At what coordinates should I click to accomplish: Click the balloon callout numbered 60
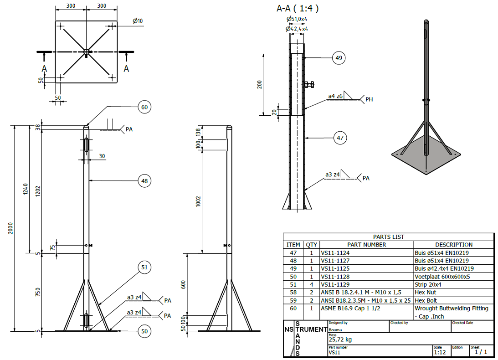coord(144,107)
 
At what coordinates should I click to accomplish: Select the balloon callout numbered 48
coord(144,181)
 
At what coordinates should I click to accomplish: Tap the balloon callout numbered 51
coord(144,267)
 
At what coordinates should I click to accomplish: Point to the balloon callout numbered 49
coord(339,58)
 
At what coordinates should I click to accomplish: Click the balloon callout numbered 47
coord(340,138)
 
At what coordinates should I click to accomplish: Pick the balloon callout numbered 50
coord(144,331)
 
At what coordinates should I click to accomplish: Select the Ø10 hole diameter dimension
coord(138,21)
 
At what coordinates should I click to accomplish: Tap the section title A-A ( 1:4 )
coord(298,8)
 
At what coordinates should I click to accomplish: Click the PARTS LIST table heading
coord(388,237)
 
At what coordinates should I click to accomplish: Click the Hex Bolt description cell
coord(426,300)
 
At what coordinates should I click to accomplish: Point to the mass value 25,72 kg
coord(340,339)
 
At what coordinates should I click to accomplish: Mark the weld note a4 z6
coord(335,97)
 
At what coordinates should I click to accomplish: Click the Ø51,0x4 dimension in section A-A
coord(297,19)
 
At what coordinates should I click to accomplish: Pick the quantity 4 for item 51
coord(311,284)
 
